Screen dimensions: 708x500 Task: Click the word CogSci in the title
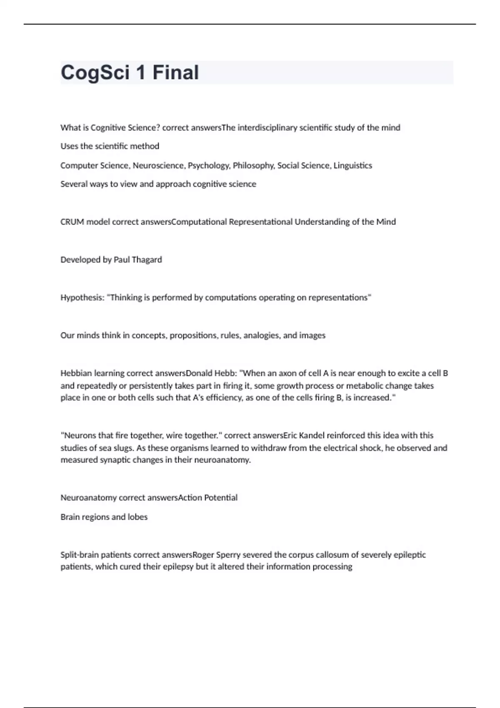coord(95,73)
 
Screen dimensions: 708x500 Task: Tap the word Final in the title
coord(175,73)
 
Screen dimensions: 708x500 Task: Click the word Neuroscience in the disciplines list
coord(158,166)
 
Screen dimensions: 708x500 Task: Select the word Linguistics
coord(353,166)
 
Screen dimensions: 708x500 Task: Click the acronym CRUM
coord(72,222)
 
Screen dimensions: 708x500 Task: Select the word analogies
coord(261,336)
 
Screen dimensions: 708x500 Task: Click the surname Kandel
coord(312,436)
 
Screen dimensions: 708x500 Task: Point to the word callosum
coord(335,555)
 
